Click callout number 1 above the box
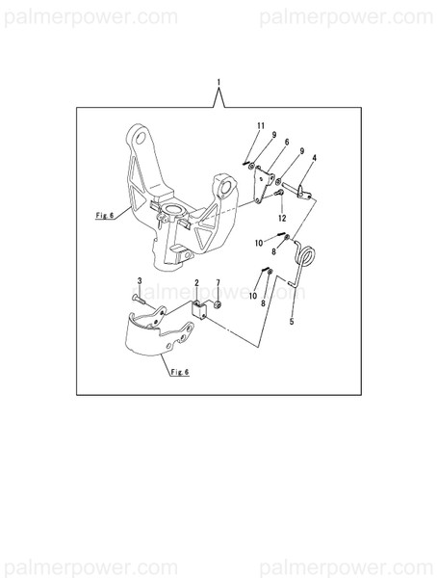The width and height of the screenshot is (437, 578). [x=218, y=82]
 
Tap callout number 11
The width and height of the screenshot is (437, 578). [x=261, y=125]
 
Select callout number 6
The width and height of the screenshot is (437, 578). [x=287, y=142]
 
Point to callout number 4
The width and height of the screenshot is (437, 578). [x=314, y=158]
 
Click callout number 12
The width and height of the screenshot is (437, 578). [x=282, y=219]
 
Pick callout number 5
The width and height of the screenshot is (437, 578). [x=292, y=322]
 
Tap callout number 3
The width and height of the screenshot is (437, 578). [x=140, y=281]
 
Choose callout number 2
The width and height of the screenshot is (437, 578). [x=196, y=282]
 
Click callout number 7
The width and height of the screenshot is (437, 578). [x=218, y=282]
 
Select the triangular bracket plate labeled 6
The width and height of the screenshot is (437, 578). [x=264, y=185]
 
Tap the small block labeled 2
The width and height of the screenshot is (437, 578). [x=199, y=310]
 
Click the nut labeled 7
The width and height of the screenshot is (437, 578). [x=218, y=304]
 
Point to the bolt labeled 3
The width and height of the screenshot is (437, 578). [x=139, y=300]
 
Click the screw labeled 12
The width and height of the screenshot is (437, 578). [x=279, y=192]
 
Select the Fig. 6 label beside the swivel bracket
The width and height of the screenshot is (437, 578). [x=105, y=215]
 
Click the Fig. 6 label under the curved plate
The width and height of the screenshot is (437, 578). [x=179, y=372]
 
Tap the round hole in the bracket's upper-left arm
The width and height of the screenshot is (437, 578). [x=141, y=138]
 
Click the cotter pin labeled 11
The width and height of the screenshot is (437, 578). [x=245, y=164]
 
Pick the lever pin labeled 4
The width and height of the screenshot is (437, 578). [x=301, y=191]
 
